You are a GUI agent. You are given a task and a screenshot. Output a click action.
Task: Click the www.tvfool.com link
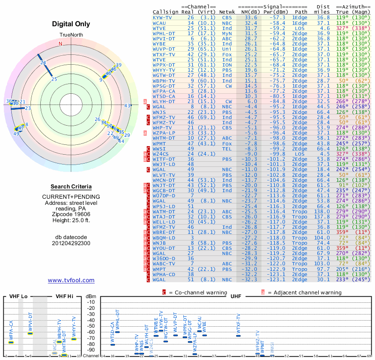click(71, 280)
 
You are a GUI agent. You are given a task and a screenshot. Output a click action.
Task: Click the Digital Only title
click(71, 24)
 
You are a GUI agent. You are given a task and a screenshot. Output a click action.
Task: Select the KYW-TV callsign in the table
click(162, 18)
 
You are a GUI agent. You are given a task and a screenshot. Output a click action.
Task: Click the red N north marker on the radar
click(60, 44)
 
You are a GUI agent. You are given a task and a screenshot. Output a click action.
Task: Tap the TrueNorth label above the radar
click(70, 36)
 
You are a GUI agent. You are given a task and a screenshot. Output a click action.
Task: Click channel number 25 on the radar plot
click(54, 79)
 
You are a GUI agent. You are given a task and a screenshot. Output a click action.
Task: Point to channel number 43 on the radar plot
click(127, 105)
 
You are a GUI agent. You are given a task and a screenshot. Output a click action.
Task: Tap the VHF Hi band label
click(65, 296)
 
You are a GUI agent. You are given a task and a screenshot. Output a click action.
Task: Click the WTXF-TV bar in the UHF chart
click(239, 335)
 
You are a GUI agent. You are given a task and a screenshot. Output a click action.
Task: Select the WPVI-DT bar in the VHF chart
click(30, 333)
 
